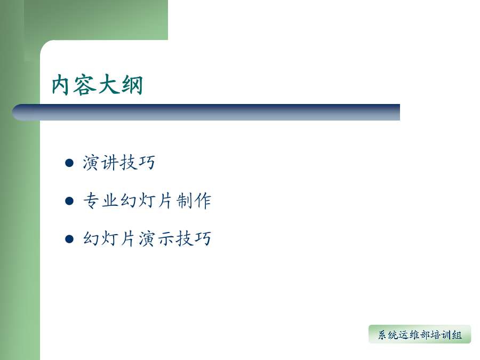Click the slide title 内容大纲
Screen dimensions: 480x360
click(x=98, y=84)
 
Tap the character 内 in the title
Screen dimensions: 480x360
click(x=60, y=85)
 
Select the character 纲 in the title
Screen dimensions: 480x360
click(x=132, y=85)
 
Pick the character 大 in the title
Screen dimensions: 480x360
click(x=108, y=84)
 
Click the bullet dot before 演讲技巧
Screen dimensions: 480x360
click(x=69, y=163)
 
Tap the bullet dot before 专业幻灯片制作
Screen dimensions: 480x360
click(x=69, y=201)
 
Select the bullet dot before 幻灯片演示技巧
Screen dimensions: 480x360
click(x=69, y=239)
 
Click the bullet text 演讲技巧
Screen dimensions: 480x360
click(x=119, y=162)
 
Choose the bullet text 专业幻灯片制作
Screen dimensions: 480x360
click(x=147, y=201)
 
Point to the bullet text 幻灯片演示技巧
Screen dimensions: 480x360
click(x=147, y=238)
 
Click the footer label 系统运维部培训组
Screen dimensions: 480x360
click(x=420, y=335)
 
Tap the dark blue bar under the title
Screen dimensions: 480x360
click(x=206, y=112)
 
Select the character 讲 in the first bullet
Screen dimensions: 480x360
click(x=109, y=162)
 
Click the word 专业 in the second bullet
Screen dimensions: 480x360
click(x=101, y=201)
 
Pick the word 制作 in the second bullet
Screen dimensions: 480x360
click(x=194, y=201)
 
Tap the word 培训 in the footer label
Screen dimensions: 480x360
click(x=441, y=335)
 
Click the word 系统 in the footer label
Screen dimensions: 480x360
click(x=388, y=335)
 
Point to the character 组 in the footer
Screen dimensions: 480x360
click(x=457, y=335)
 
